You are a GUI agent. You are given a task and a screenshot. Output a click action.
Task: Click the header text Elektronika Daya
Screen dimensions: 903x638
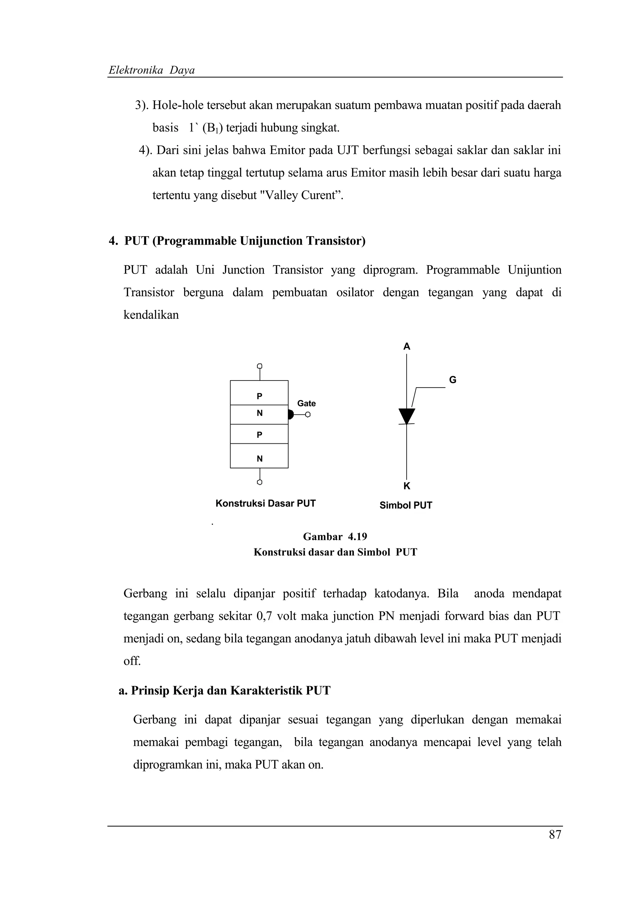[x=151, y=70]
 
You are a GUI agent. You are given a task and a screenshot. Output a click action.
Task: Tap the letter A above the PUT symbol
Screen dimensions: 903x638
[x=407, y=346]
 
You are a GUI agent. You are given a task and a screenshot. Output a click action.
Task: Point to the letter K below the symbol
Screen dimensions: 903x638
[x=407, y=486]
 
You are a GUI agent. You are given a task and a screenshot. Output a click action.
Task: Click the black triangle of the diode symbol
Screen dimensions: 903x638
[x=407, y=415]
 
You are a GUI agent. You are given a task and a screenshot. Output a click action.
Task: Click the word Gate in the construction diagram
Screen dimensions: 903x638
[x=306, y=404]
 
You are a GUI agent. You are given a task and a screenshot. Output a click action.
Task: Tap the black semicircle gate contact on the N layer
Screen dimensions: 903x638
[x=291, y=414]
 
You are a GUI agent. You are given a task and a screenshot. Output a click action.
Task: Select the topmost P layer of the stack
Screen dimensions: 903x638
[x=259, y=393]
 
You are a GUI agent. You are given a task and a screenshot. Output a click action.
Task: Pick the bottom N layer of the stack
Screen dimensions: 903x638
[x=259, y=456]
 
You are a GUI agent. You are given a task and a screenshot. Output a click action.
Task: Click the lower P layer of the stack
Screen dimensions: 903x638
[x=259, y=434]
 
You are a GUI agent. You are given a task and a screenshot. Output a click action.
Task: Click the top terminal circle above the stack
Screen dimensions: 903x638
[x=259, y=366]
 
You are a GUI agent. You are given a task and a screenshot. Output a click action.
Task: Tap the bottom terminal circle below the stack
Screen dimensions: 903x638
[x=259, y=482]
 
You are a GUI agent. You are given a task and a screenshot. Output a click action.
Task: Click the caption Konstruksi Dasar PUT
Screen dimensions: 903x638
[x=265, y=504]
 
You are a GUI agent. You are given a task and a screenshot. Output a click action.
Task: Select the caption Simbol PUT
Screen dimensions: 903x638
[x=405, y=505]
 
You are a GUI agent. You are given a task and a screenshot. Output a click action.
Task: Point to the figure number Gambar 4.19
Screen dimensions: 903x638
[x=335, y=537]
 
